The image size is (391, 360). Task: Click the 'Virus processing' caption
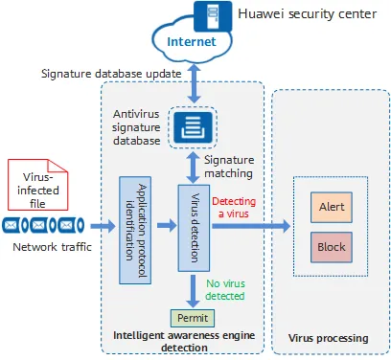(x=328, y=338)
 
